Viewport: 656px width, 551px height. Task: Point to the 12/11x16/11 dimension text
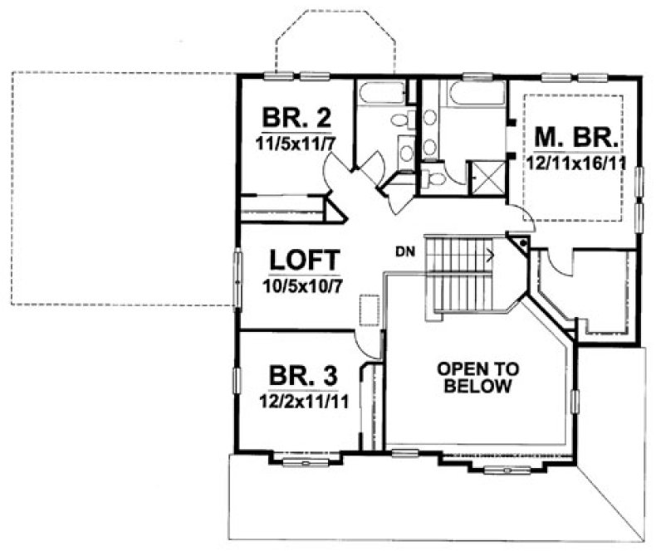pos(575,161)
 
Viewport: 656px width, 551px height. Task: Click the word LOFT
pos(304,259)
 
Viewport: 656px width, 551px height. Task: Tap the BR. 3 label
pos(303,377)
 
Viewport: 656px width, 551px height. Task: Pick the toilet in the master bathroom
pos(433,177)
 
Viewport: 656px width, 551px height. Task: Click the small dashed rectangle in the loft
pos(367,312)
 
